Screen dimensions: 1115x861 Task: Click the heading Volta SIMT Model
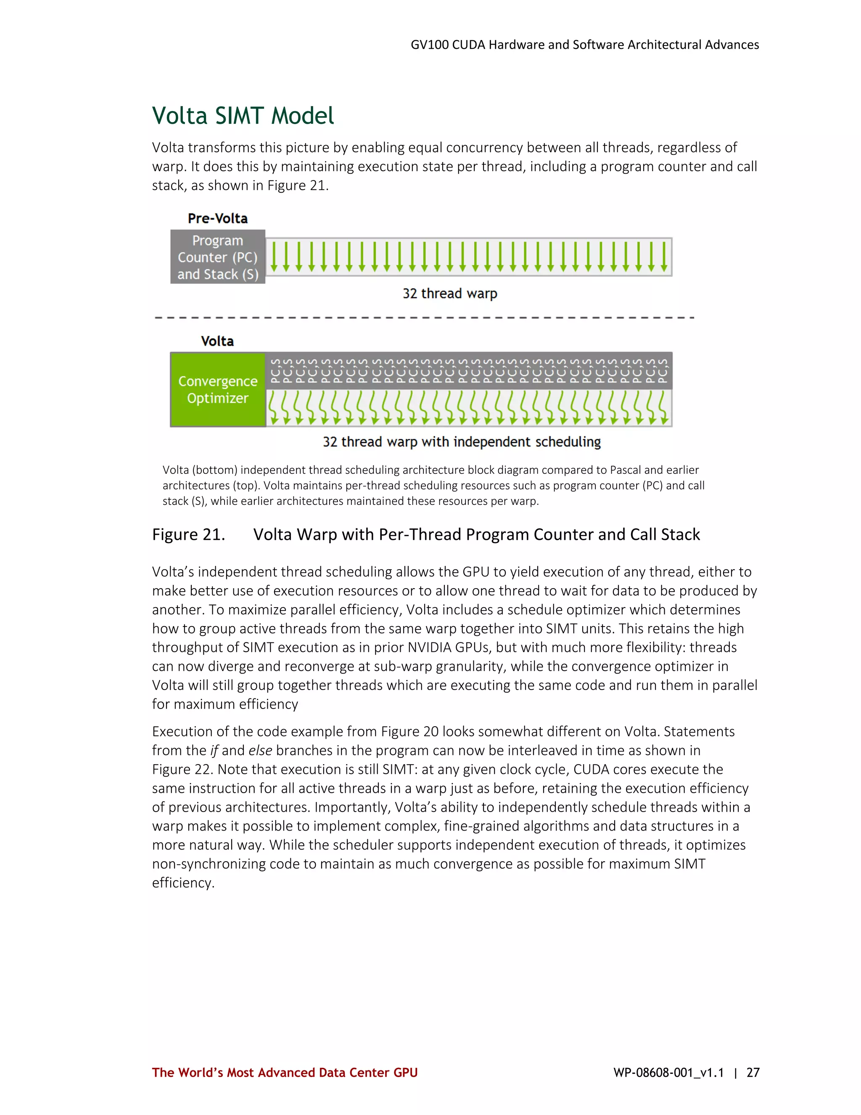tap(243, 116)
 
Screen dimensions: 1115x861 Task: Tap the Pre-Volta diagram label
tap(218, 218)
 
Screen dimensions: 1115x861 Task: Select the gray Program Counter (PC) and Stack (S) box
tap(218, 257)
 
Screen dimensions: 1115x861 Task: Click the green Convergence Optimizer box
tap(218, 390)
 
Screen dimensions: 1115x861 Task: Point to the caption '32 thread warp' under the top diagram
tap(449, 294)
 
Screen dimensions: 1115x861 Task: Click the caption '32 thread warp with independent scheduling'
tap(462, 442)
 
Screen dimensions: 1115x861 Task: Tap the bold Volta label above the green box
tap(217, 341)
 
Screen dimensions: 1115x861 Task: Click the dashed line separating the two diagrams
tap(423, 318)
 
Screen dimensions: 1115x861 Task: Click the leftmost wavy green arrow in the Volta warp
tap(274, 408)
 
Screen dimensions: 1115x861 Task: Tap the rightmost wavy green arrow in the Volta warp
tap(663, 408)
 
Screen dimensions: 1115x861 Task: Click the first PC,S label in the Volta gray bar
tap(275, 371)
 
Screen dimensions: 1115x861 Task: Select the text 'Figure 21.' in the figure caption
tap(188, 534)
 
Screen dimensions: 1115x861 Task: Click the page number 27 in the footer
tap(753, 1073)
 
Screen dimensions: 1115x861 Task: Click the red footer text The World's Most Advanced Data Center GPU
tap(285, 1073)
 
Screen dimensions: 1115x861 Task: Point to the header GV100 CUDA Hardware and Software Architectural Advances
tap(584, 45)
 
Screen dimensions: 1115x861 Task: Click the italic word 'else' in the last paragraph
tap(260, 751)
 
